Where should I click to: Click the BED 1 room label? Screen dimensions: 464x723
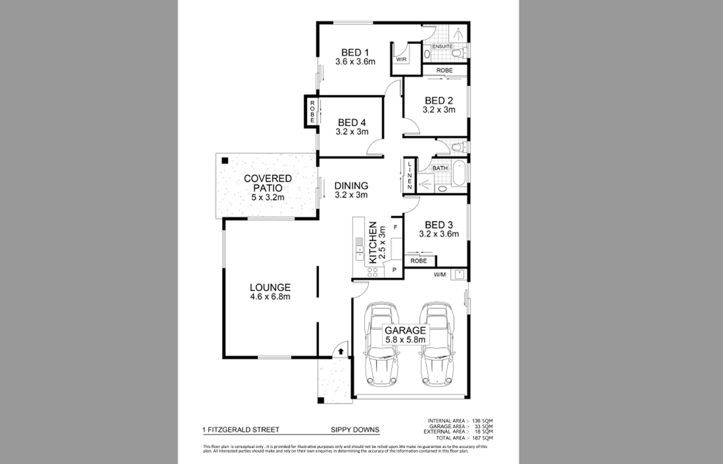click(x=354, y=53)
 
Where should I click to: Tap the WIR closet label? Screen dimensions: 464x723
click(x=401, y=59)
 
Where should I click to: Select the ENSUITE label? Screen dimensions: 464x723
click(x=442, y=47)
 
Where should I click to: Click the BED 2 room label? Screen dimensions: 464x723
click(x=438, y=101)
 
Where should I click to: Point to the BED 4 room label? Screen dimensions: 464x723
click(x=352, y=122)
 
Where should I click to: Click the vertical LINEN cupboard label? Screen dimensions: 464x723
click(x=409, y=175)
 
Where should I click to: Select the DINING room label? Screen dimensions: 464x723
click(x=351, y=185)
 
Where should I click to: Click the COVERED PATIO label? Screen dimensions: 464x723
click(x=268, y=183)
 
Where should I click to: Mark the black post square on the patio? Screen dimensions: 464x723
click(x=225, y=160)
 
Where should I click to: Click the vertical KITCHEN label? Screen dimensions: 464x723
click(x=372, y=242)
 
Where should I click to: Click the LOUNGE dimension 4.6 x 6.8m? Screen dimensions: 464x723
click(x=269, y=296)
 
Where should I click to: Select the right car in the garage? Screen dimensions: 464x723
click(x=434, y=345)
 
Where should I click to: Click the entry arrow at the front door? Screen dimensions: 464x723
click(x=341, y=352)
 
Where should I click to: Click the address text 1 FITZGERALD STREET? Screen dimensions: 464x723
click(x=241, y=430)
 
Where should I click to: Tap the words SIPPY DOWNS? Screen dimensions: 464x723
click(x=355, y=430)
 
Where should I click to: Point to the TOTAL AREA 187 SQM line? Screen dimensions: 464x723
click(x=459, y=437)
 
